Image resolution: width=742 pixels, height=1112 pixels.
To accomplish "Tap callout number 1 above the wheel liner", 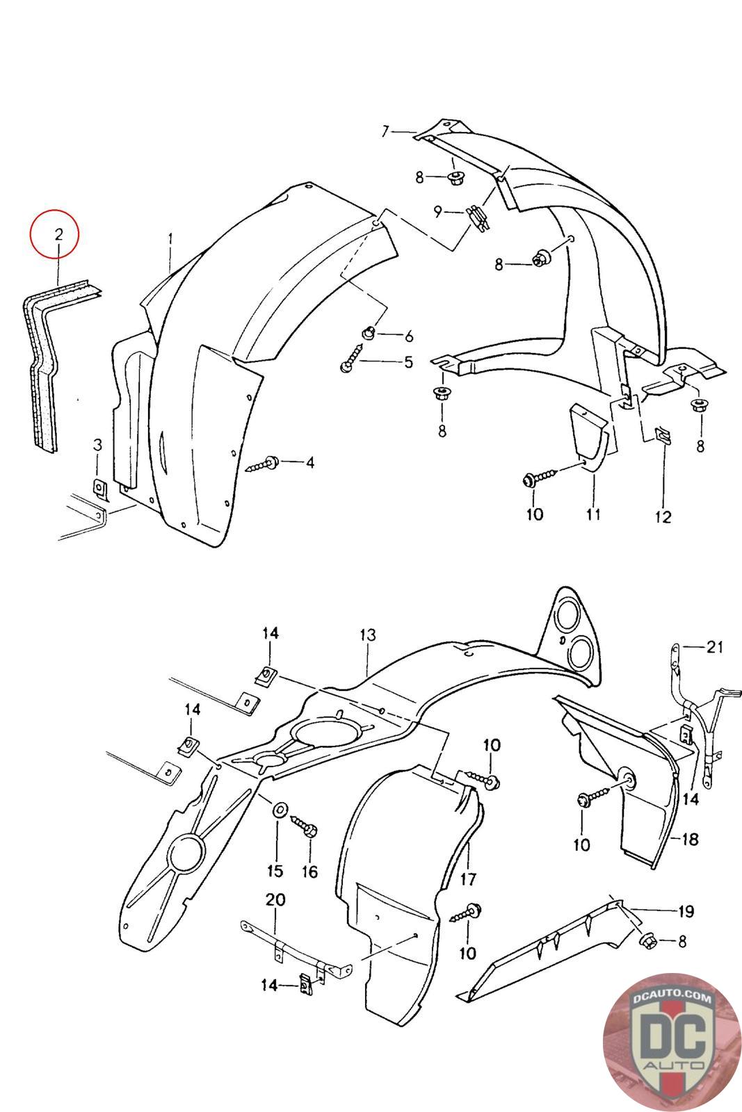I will (x=170, y=239).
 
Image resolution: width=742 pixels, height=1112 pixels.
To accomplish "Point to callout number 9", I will (x=438, y=211).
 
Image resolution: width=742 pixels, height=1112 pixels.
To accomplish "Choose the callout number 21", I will (x=714, y=647).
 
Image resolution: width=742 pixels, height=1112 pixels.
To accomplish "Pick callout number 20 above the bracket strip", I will (x=275, y=900).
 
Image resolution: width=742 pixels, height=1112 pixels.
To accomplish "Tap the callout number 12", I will (x=663, y=516).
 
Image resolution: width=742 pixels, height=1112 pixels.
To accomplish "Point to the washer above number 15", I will (x=280, y=809).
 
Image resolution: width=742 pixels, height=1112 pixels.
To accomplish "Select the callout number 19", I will (x=686, y=910).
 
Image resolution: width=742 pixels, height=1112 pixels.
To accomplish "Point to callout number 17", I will (x=468, y=879).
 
